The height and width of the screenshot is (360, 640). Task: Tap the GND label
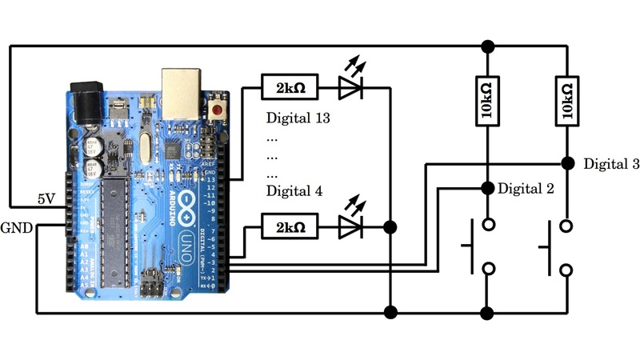[17, 227]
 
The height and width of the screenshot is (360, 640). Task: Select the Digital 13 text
[298, 119]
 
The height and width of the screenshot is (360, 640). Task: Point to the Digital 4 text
[294, 192]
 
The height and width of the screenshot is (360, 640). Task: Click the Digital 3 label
[611, 164]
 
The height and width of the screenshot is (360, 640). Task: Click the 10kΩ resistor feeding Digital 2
[487, 101]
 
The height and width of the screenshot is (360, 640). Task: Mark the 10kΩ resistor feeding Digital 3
[566, 101]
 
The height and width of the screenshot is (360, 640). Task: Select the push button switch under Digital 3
[558, 248]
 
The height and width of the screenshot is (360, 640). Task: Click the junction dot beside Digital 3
[567, 163]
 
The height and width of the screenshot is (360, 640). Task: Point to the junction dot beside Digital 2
[487, 188]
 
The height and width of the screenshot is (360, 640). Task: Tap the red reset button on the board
[216, 108]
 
